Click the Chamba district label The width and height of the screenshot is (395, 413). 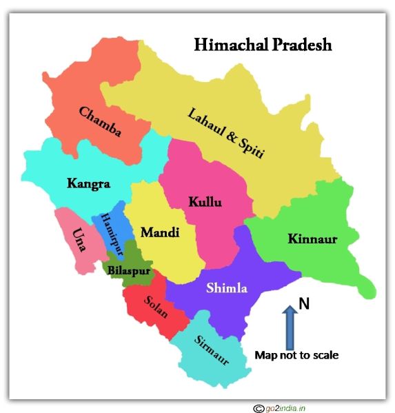100,121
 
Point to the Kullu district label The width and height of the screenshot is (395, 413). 205,202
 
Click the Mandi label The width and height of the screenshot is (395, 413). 160,232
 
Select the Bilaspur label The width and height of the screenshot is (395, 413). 127,270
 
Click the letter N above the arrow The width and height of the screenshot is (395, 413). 302,303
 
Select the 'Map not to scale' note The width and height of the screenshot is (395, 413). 296,356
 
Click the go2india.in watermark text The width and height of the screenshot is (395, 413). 286,407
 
